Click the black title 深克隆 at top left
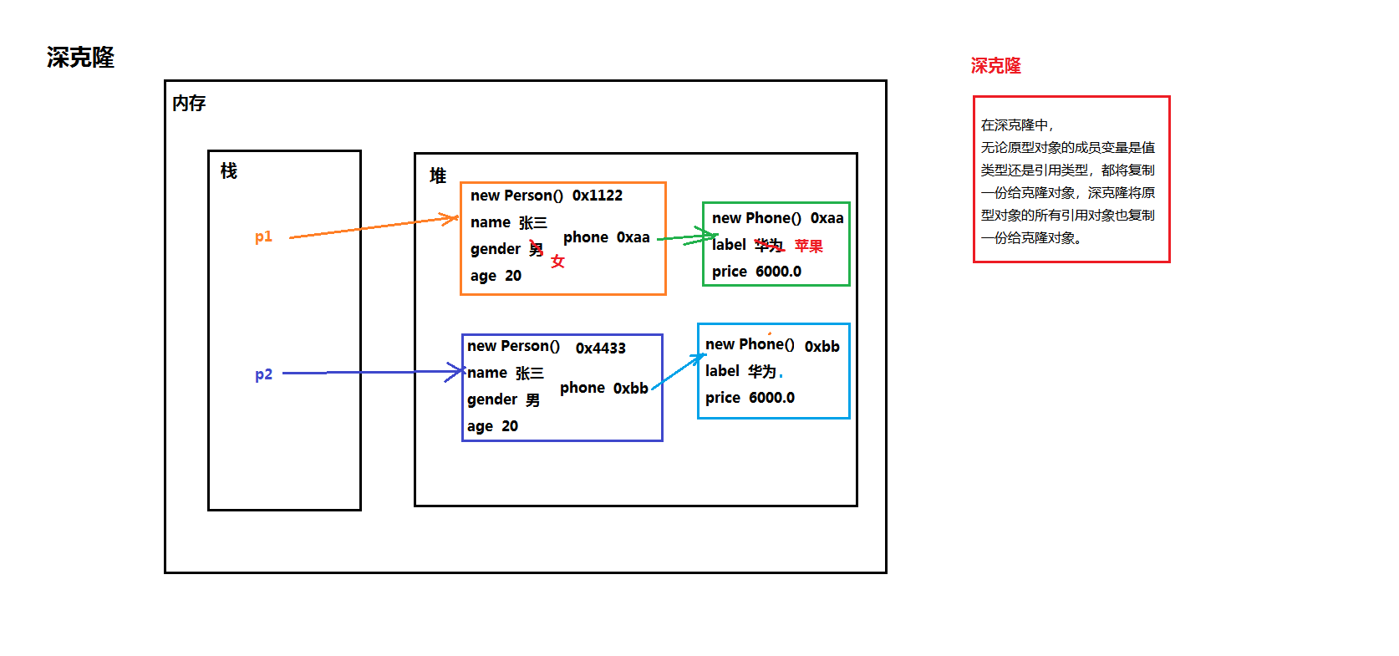point(80,58)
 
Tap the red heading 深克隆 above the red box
point(995,66)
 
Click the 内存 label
point(189,104)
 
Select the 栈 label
point(228,171)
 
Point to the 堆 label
point(437,175)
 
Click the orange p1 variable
point(263,236)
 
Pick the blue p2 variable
point(263,374)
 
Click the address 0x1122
point(597,196)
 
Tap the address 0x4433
point(600,348)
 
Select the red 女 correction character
point(557,262)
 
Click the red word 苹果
point(808,246)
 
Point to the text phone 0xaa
point(606,237)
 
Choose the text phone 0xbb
point(603,388)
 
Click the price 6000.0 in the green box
point(756,272)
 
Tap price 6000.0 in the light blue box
point(750,398)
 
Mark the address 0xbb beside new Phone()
point(822,347)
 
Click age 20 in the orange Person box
point(496,276)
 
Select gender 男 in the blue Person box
point(503,399)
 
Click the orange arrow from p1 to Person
point(372,226)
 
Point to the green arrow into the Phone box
point(685,237)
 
